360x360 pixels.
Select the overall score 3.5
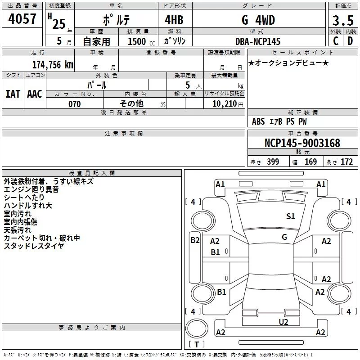click(x=342, y=21)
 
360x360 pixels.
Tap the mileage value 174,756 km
click(x=52, y=64)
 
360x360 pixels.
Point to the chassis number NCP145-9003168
click(x=302, y=143)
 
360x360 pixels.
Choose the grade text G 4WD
click(x=258, y=21)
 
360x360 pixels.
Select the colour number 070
click(x=74, y=104)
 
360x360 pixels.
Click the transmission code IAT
click(x=13, y=94)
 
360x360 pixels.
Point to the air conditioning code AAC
click(x=34, y=94)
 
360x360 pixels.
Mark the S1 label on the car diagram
click(x=291, y=216)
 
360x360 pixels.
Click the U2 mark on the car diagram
click(x=283, y=322)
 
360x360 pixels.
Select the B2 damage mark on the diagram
click(x=195, y=240)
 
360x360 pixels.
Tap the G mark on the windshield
click(x=284, y=237)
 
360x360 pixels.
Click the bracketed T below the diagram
click(x=196, y=345)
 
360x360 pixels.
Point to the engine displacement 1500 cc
click(x=138, y=41)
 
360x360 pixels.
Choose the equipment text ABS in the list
click(x=258, y=121)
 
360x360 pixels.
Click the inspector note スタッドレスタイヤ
click(x=34, y=246)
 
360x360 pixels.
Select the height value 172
click(x=346, y=162)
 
